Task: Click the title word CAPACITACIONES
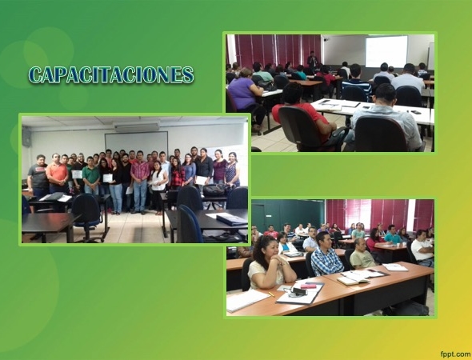coord(111,74)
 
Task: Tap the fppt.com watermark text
coord(456,354)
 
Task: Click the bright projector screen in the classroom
coord(386,51)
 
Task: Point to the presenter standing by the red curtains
coord(312,60)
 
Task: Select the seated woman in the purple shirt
coord(246,96)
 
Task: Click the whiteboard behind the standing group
coord(136,143)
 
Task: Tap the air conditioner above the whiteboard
coord(137,126)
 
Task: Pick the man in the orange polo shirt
coord(57,174)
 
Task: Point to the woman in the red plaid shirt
coord(178,174)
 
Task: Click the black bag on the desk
coord(214,190)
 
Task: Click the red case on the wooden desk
coord(309,286)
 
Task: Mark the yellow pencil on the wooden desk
coord(271,294)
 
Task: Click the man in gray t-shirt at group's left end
coord(38,177)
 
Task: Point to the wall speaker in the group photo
coord(26,137)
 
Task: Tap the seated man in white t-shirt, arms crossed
coord(423,248)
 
